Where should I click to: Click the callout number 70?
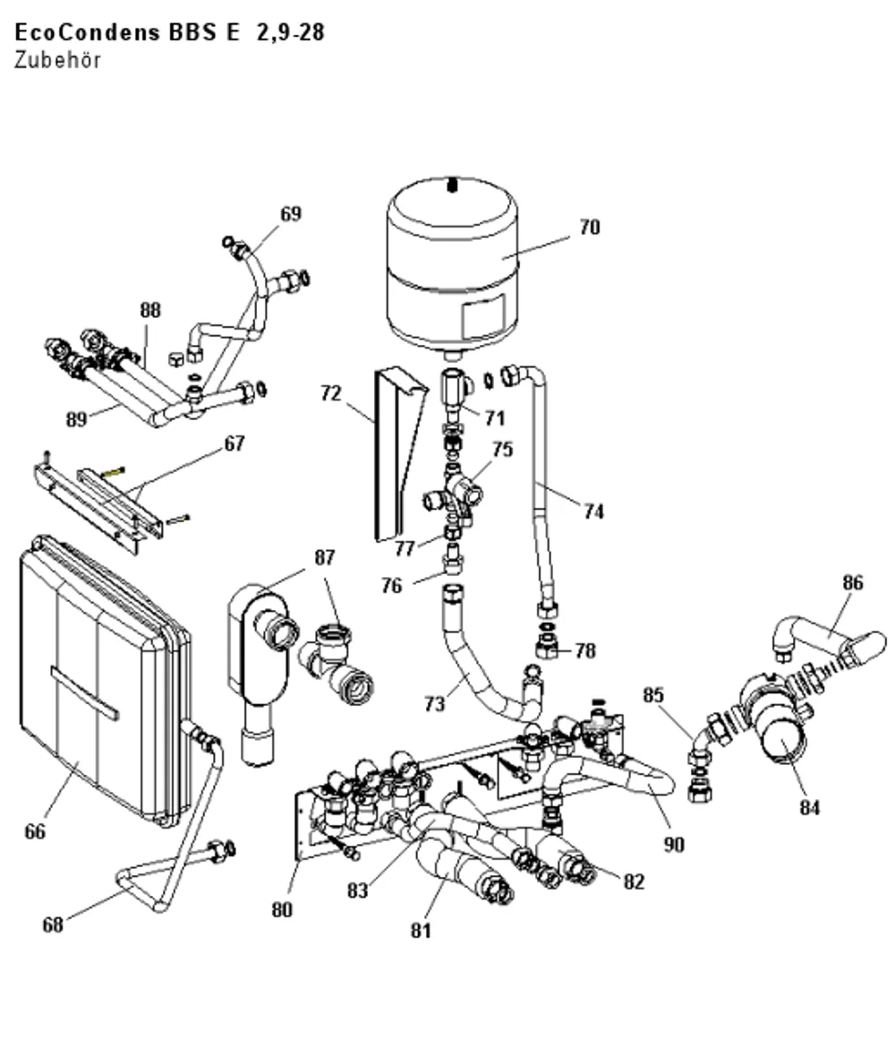click(x=589, y=228)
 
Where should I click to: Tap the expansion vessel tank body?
click(x=452, y=265)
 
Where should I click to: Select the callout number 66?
click(x=35, y=832)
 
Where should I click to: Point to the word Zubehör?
click(x=57, y=60)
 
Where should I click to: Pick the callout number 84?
click(x=810, y=807)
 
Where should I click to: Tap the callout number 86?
click(x=853, y=582)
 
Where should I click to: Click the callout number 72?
click(x=330, y=393)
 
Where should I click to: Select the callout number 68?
click(x=53, y=924)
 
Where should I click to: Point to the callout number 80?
click(x=282, y=909)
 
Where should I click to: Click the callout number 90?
click(x=674, y=845)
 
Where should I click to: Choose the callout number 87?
click(x=324, y=558)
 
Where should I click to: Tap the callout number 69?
click(x=291, y=213)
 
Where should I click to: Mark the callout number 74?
click(x=593, y=511)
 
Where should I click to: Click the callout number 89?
click(x=77, y=419)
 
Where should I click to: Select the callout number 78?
click(x=585, y=650)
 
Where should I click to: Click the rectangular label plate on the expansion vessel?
click(x=483, y=317)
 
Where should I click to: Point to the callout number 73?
click(x=435, y=704)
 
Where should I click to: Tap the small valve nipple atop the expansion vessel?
click(x=452, y=184)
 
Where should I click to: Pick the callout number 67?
click(x=234, y=443)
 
